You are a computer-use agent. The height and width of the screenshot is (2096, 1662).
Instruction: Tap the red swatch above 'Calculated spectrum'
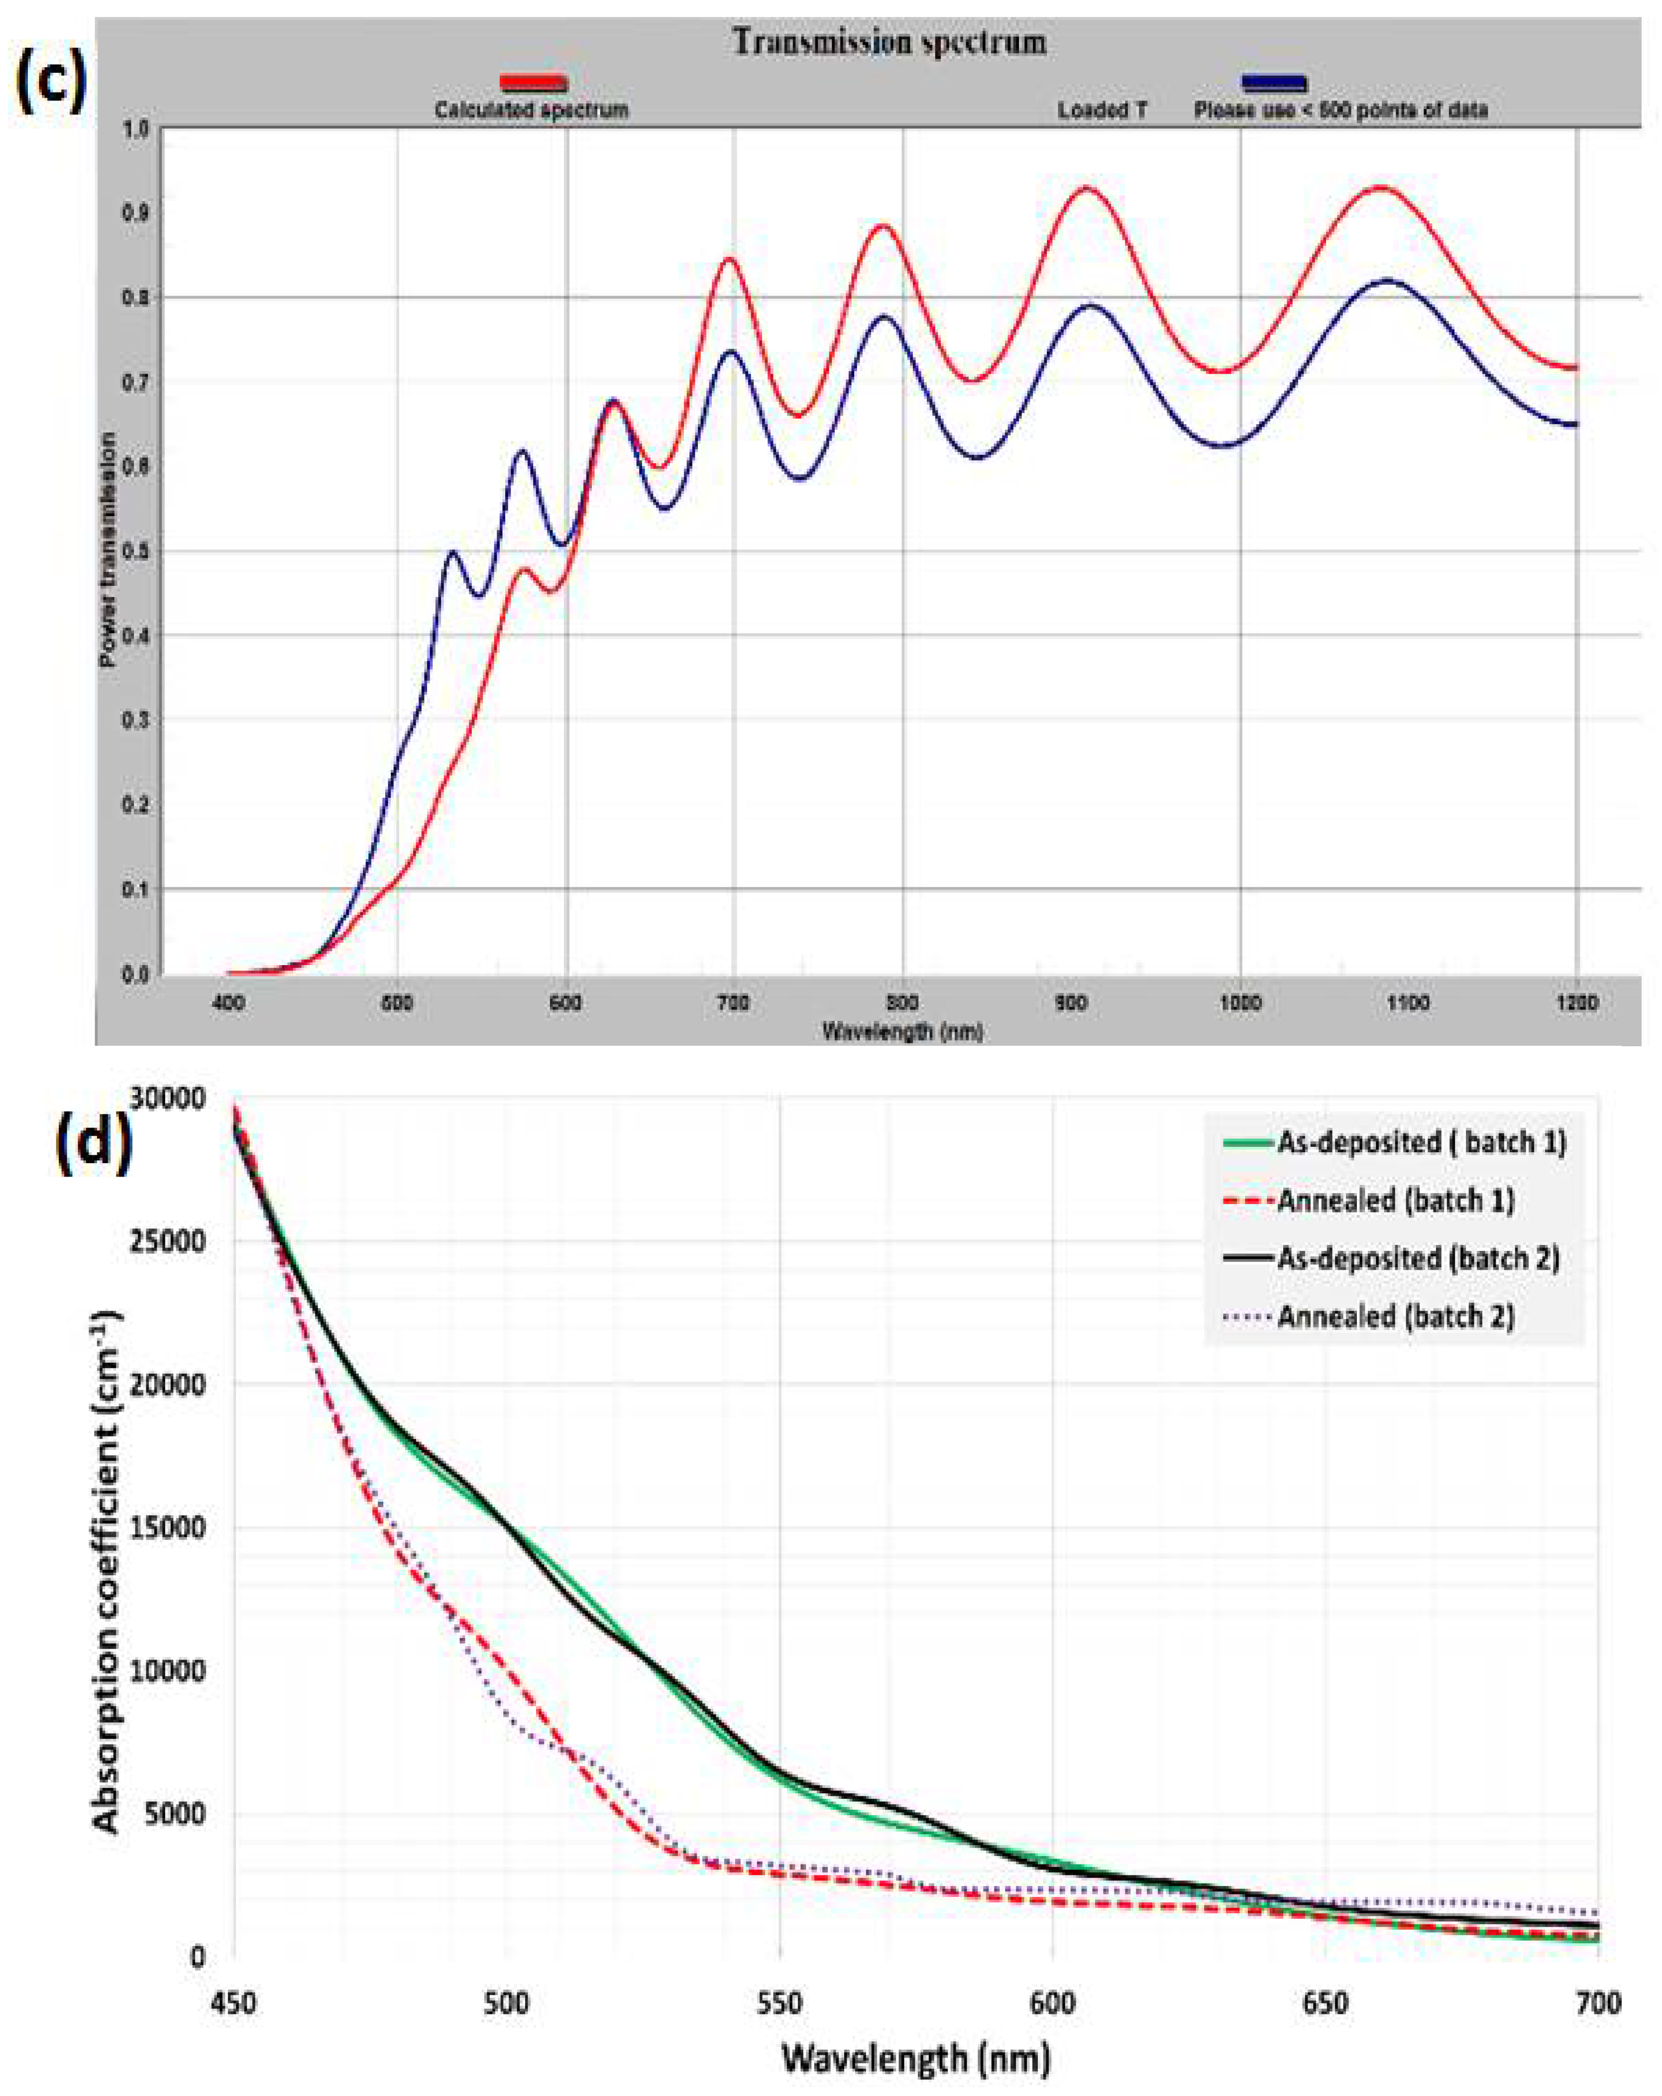coord(533,83)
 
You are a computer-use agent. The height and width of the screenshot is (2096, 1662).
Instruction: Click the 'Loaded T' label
coord(1102,110)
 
